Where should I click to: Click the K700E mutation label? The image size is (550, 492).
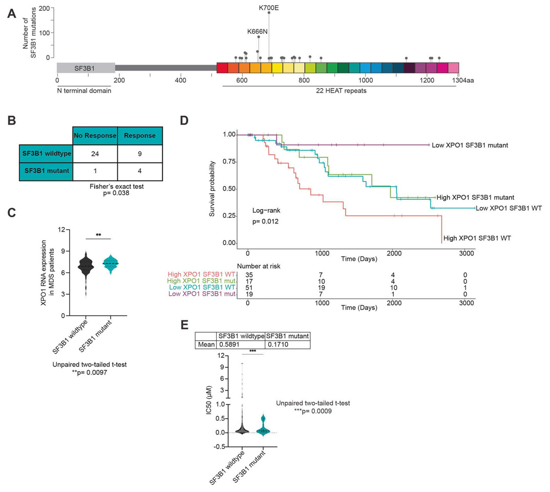[x=269, y=8]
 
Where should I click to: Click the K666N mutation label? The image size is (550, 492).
[x=257, y=31]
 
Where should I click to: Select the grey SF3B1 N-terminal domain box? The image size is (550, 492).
[x=86, y=68]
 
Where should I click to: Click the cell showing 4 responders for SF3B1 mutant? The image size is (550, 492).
[x=140, y=170]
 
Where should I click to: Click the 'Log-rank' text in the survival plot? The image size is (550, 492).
[x=265, y=211]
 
